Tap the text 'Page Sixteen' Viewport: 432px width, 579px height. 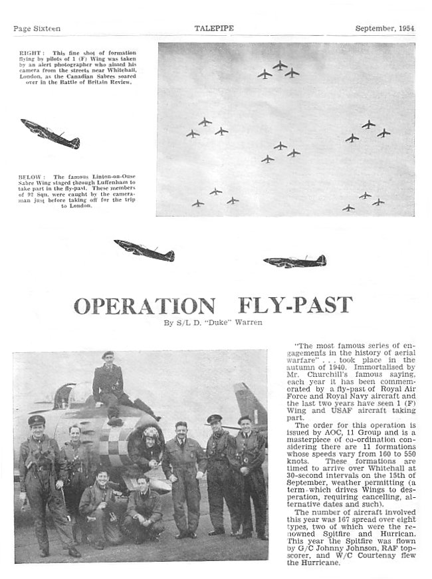pyautogui.click(x=37, y=28)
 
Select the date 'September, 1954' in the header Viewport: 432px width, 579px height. pyautogui.click(x=385, y=28)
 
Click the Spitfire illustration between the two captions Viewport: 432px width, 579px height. pyautogui.click(x=51, y=134)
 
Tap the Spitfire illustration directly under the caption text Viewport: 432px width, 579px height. pyautogui.click(x=144, y=251)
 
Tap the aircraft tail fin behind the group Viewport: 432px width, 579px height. pyautogui.click(x=250, y=405)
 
